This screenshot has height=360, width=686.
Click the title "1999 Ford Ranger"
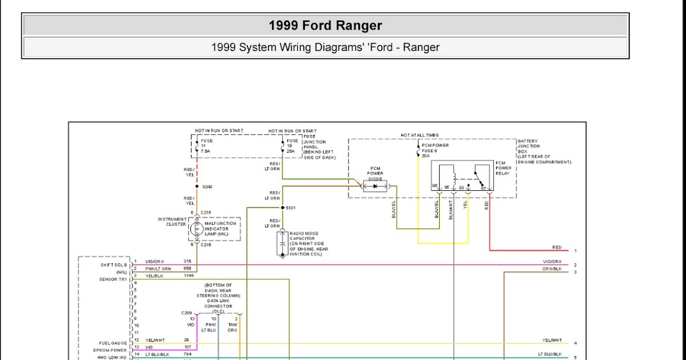pyautogui.click(x=325, y=26)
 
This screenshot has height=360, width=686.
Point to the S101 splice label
pyautogui.click(x=290, y=207)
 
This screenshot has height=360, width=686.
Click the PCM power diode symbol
pyautogui.click(x=375, y=186)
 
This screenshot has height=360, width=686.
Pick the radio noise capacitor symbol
pyautogui.click(x=282, y=243)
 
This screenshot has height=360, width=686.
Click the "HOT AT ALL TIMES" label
pyautogui.click(x=420, y=135)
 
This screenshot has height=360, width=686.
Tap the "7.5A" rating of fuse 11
pyautogui.click(x=205, y=151)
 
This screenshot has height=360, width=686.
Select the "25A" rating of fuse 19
pyautogui.click(x=291, y=151)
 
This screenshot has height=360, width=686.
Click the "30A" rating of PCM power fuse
pyautogui.click(x=425, y=155)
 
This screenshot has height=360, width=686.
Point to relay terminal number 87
pyautogui.click(x=483, y=187)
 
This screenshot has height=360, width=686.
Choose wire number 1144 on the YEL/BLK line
pyautogui.click(x=189, y=275)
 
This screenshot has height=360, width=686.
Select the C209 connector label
pyautogui.click(x=186, y=313)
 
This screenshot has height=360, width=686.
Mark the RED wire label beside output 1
pyautogui.click(x=556, y=247)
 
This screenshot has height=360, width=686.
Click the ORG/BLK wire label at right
pyautogui.click(x=552, y=269)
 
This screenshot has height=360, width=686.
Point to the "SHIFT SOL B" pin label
pyautogui.click(x=114, y=265)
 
